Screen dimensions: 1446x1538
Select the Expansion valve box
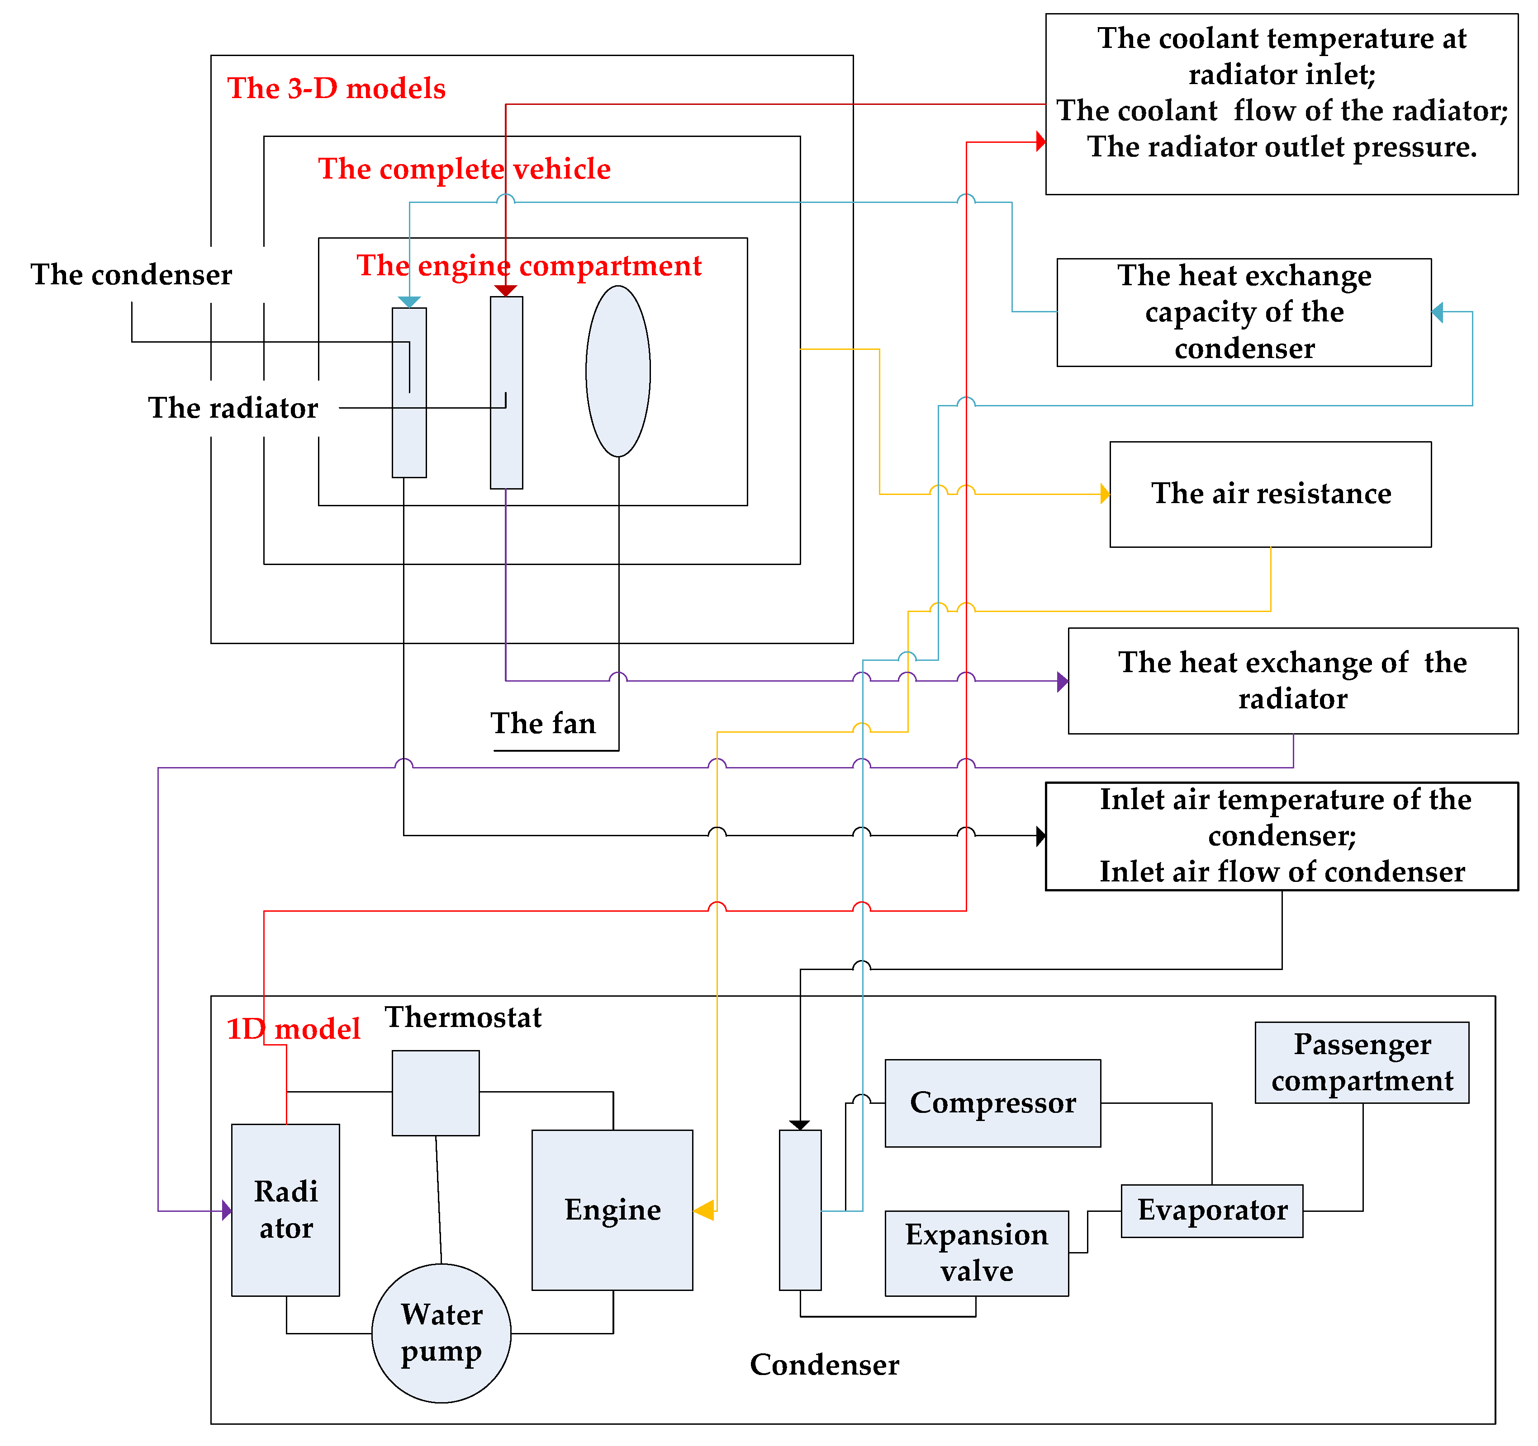pyautogui.click(x=976, y=1253)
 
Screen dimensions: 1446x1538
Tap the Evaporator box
pyautogui.click(x=1211, y=1210)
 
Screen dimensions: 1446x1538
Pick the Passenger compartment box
pyautogui.click(x=1362, y=1062)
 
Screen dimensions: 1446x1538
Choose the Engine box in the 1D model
pyautogui.click(x=612, y=1210)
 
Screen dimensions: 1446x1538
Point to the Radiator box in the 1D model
pyautogui.click(x=285, y=1210)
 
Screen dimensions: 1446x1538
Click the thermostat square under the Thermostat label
pyautogui.click(x=436, y=1092)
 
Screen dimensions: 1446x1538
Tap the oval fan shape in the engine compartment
pyautogui.click(x=617, y=371)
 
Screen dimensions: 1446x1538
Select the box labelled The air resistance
pyautogui.click(x=1270, y=494)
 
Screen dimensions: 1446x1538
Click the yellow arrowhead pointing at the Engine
pyautogui.click(x=704, y=1210)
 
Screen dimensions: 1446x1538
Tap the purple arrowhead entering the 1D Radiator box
pyautogui.click(x=227, y=1210)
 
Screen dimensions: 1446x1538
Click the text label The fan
pyautogui.click(x=543, y=723)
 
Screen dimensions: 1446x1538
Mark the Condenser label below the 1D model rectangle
pyautogui.click(x=824, y=1365)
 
